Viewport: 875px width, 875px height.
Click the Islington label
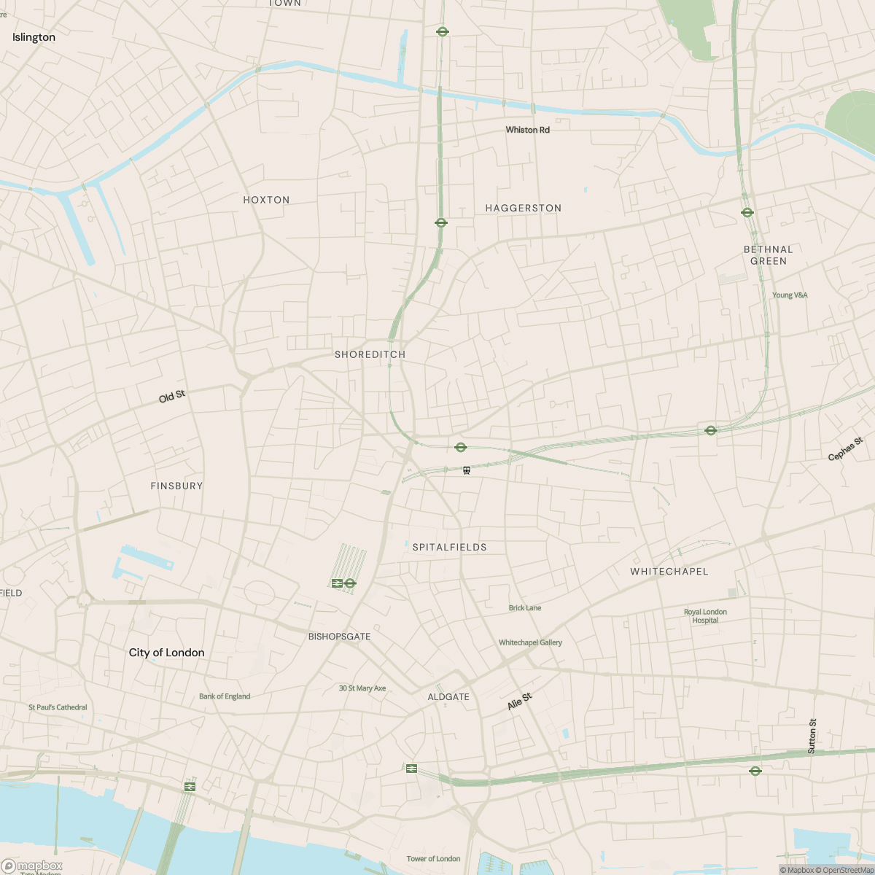click(34, 37)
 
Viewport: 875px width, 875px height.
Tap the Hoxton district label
click(266, 200)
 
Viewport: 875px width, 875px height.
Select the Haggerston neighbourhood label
click(524, 208)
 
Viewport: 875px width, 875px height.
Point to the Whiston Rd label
click(527, 130)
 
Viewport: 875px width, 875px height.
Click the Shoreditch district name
click(370, 354)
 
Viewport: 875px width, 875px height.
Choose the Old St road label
click(172, 396)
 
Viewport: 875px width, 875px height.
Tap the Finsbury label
click(176, 486)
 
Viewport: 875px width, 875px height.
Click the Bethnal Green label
click(768, 255)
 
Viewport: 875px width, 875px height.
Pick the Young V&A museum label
click(790, 295)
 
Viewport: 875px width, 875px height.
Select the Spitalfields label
click(449, 547)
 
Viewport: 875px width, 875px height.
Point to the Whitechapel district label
click(669, 572)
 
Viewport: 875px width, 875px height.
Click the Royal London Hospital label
click(705, 616)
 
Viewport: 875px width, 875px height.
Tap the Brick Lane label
click(525, 607)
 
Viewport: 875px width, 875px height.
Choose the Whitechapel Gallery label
click(530, 642)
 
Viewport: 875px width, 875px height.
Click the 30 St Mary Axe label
click(362, 688)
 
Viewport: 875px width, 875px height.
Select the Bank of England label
click(225, 696)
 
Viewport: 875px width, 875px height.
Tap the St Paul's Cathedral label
click(58, 707)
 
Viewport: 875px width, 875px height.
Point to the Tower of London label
click(433, 859)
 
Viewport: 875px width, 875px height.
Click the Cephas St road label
click(845, 449)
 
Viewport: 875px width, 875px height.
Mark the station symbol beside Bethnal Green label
click(747, 213)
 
